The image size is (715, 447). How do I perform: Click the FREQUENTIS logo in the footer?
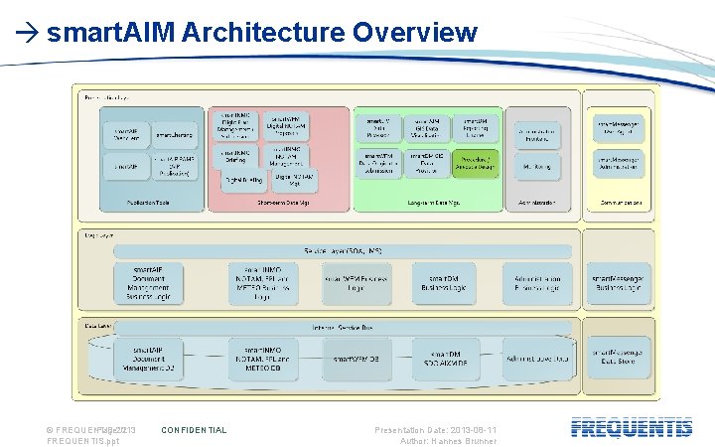coord(632,428)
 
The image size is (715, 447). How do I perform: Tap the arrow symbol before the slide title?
coord(28,34)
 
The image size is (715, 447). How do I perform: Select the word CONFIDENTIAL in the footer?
coord(194,430)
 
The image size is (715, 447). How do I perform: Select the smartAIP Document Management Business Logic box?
coord(148,283)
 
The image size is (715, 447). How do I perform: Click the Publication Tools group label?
coord(148,203)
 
